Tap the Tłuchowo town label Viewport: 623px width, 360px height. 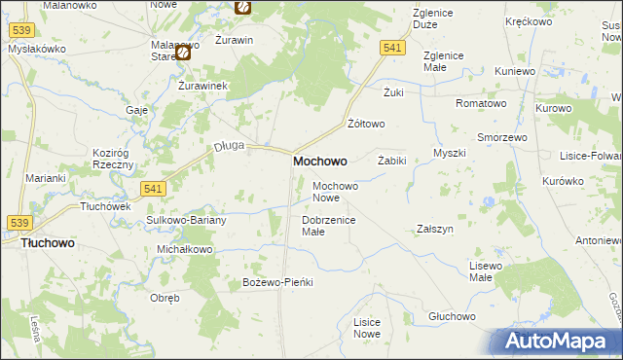coord(48,246)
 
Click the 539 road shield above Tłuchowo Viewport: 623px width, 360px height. coord(20,223)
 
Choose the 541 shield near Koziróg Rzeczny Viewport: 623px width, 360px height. coord(150,189)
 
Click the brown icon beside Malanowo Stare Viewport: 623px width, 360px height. coord(182,54)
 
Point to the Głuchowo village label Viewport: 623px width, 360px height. coord(451,317)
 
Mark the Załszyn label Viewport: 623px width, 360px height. coord(435,229)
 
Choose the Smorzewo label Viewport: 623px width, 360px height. coord(501,137)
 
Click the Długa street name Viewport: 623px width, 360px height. coord(228,146)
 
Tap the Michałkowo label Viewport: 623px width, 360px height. coord(184,249)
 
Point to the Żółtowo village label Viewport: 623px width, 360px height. coord(367,124)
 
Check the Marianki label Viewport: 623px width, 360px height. coord(46,177)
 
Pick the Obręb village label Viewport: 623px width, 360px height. coord(164,298)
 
